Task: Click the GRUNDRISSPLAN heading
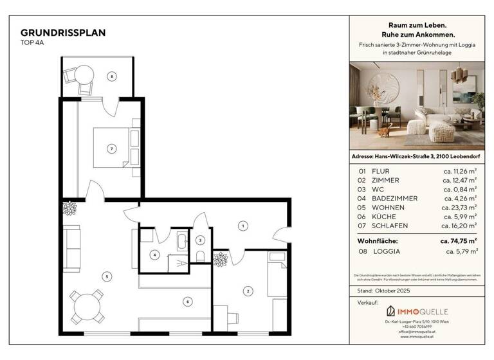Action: [x=63, y=32]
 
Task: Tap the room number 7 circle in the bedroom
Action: [x=111, y=148]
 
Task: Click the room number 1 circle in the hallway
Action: [x=242, y=225]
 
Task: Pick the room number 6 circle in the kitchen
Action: [x=187, y=301]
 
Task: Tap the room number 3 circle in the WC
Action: [x=200, y=240]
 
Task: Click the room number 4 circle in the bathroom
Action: [x=154, y=255]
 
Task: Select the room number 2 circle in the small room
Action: [x=247, y=291]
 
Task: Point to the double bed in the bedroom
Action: [x=116, y=148]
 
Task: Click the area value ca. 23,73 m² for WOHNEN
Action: [x=459, y=208]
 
